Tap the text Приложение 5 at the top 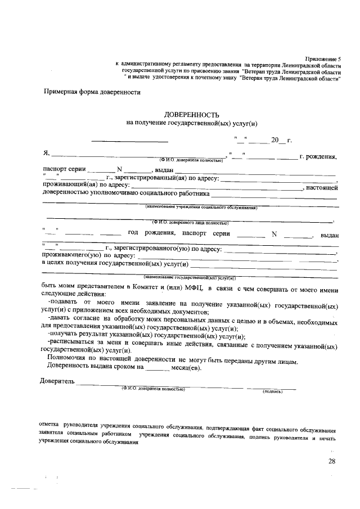tap(322, 58)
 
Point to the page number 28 tap(332, 461)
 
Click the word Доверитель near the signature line tap(57, 383)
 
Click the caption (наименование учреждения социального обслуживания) tap(201, 207)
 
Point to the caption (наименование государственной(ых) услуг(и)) tap(190, 277)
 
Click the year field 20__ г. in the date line tap(281, 140)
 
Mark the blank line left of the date tap(129, 141)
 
